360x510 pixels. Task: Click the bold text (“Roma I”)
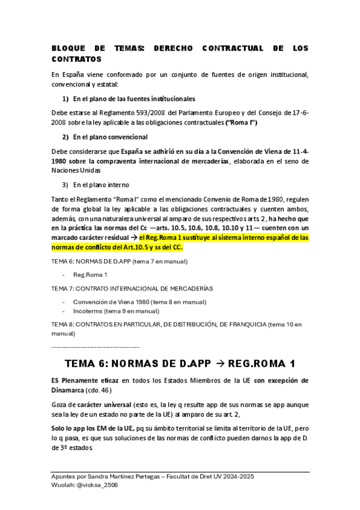click(x=241, y=122)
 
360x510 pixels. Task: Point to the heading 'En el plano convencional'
click(x=106, y=137)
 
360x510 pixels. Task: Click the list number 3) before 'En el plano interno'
click(x=66, y=184)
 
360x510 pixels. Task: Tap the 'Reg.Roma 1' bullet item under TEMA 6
click(x=90, y=274)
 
